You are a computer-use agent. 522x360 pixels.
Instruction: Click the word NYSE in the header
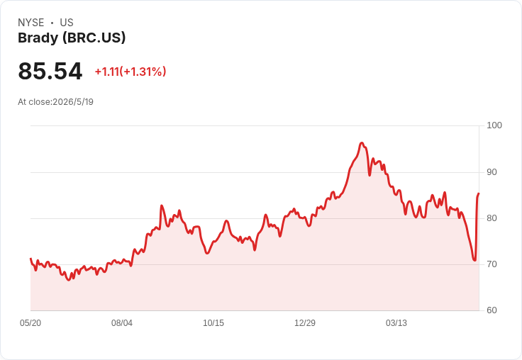(x=31, y=23)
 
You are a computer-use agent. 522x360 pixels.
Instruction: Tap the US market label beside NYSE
(x=67, y=23)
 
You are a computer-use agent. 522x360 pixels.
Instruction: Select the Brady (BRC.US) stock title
(x=72, y=38)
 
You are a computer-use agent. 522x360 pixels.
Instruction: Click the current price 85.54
(x=50, y=71)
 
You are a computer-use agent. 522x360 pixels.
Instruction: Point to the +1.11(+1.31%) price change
(x=130, y=72)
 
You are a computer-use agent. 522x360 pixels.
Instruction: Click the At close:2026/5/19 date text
(x=55, y=102)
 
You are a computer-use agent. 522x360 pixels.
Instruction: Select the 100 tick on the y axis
(x=494, y=125)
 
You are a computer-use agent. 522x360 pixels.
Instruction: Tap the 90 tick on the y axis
(x=492, y=172)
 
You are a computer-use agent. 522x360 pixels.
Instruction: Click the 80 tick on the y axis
(x=492, y=218)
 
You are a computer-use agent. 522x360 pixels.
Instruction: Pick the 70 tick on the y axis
(x=492, y=264)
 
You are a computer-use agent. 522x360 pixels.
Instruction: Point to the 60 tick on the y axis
(x=492, y=310)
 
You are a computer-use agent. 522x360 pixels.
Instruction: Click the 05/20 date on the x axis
(x=30, y=323)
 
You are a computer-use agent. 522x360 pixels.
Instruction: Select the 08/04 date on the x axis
(x=122, y=323)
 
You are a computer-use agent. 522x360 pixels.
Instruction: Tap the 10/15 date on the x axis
(x=213, y=323)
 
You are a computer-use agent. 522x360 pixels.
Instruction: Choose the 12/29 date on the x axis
(x=305, y=323)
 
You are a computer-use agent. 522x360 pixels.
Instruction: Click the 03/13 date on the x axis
(x=396, y=323)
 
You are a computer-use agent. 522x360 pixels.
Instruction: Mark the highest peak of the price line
(x=362, y=143)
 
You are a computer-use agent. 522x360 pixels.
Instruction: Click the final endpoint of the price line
(x=479, y=193)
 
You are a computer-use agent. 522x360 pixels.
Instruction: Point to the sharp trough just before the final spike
(x=474, y=260)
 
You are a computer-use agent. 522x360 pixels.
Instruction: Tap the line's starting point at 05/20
(x=30, y=259)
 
